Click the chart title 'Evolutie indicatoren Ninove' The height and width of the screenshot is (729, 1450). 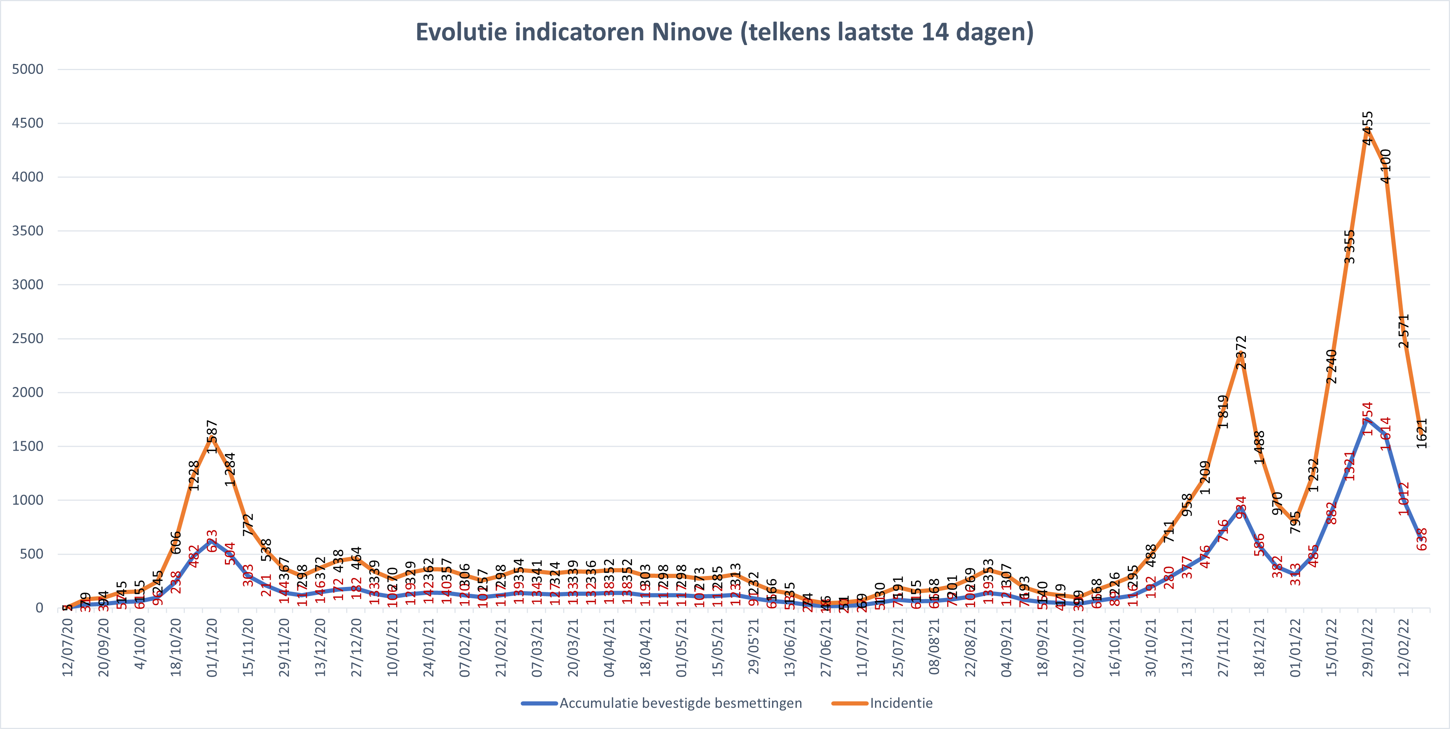[724, 32]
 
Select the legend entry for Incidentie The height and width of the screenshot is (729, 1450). [901, 703]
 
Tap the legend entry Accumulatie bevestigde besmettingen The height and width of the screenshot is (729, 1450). [680, 703]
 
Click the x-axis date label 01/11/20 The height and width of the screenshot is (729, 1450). [212, 647]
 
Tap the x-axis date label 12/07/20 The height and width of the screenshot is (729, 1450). [67, 647]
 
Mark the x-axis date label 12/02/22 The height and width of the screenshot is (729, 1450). [1404, 647]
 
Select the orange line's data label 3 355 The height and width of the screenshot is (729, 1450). [1350, 247]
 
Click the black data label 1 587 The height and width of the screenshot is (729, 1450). [212, 437]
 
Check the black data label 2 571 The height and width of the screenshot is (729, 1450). [1404, 331]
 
